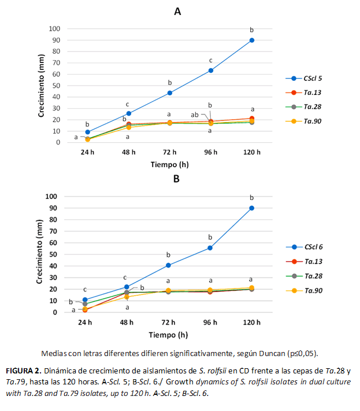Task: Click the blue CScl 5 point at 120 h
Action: [x=252, y=40]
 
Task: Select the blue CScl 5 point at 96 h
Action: [x=211, y=71]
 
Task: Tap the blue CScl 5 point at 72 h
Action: [x=169, y=92]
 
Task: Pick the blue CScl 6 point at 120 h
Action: [x=252, y=208]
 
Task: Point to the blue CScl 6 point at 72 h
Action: [x=168, y=265]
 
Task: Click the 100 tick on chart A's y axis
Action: [x=55, y=28]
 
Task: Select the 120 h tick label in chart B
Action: [x=251, y=321]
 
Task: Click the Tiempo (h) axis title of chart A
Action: [x=169, y=164]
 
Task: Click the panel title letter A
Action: [x=177, y=10]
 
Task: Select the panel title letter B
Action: [x=177, y=179]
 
